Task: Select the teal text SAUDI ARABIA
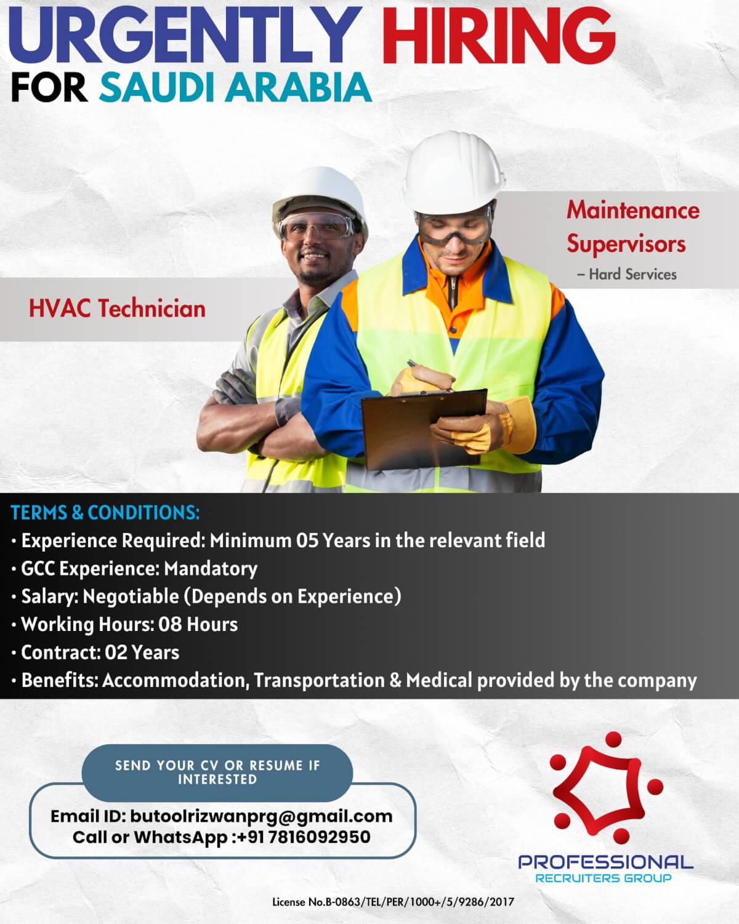tap(235, 87)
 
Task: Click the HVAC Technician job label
tap(117, 308)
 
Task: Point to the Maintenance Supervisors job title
tap(633, 227)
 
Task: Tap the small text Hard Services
tap(632, 275)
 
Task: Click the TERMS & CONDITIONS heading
tap(105, 513)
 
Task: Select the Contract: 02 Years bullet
tap(100, 652)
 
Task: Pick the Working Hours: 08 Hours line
tap(129, 624)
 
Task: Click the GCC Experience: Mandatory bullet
tap(139, 568)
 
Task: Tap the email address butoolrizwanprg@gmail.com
tap(261, 816)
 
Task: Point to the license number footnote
tap(393, 902)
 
